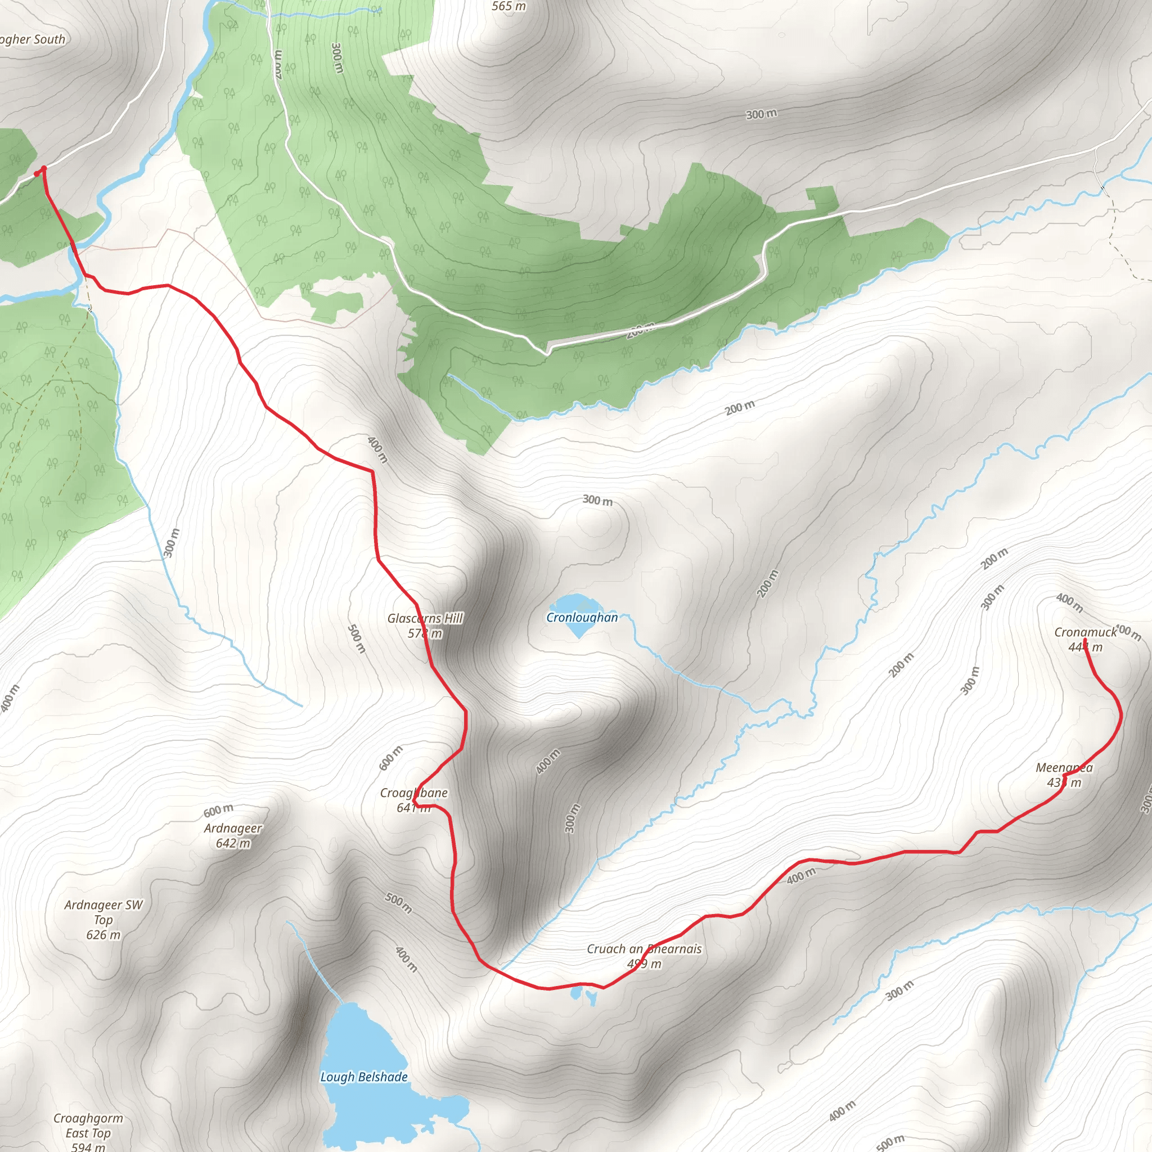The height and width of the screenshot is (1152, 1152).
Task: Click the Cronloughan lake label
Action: (x=582, y=617)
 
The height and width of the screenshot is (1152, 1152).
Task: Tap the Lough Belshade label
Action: (x=364, y=1077)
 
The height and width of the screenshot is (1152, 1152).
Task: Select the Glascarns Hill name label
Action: (x=425, y=618)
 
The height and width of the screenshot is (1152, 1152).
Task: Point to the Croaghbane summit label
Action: (x=414, y=793)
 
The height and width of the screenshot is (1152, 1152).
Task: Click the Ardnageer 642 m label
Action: (x=233, y=835)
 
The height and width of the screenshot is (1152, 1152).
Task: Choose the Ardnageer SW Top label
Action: (x=103, y=912)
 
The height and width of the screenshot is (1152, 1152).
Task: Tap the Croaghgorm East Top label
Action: (x=88, y=1126)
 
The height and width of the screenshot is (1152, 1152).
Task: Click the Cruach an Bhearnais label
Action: (x=644, y=949)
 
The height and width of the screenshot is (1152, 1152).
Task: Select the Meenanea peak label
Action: (x=1064, y=767)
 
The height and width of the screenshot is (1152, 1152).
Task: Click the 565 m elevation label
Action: (x=508, y=7)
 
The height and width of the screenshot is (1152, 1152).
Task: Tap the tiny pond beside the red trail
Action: (x=576, y=993)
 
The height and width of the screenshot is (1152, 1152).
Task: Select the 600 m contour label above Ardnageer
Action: (x=218, y=811)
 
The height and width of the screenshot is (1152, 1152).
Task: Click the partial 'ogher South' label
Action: (x=32, y=40)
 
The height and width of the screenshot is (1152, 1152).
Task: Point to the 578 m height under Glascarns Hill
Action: (x=425, y=633)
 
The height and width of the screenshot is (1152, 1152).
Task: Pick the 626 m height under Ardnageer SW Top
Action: (x=103, y=934)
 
